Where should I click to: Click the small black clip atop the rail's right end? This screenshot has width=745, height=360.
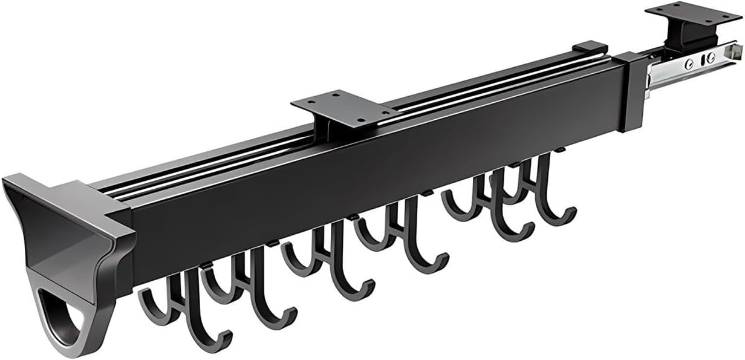click(x=590, y=47)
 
